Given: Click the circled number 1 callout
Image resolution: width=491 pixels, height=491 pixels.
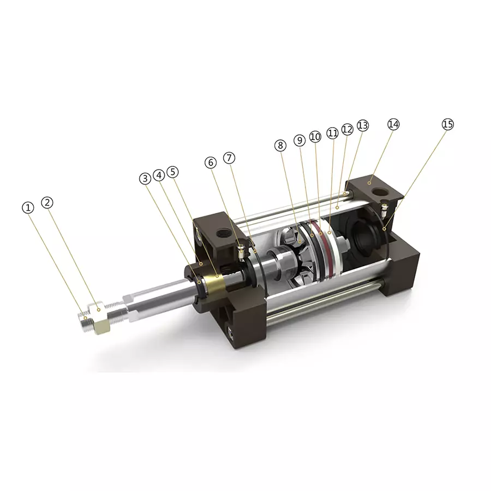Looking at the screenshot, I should coord(28,207).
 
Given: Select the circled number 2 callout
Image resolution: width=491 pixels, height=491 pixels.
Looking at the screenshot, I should coord(47,202).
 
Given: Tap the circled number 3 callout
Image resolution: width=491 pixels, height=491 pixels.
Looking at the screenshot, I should coord(145,178).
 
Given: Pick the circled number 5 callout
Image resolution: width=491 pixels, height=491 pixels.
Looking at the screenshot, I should coord(173,172).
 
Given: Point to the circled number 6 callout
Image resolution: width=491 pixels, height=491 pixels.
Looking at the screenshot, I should coord(211,163).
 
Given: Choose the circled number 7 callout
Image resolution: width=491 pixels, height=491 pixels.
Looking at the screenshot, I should coord(230,158).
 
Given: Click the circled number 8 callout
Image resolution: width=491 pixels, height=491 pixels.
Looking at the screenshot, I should coord(280,145).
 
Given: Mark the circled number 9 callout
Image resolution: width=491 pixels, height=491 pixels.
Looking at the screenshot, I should coord(299,140).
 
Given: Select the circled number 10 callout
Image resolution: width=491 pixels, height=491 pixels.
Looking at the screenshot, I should coord(315,136).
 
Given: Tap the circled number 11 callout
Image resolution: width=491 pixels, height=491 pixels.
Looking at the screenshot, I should coord(332,133).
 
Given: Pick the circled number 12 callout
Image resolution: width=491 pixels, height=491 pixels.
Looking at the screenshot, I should coord(347,129).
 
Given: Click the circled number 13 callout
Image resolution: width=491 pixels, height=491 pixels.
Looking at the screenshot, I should coord(363,125).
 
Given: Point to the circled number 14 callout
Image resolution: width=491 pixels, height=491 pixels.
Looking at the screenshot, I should coord(393,124).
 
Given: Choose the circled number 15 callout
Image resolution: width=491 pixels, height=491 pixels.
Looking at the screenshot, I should coord(447,124).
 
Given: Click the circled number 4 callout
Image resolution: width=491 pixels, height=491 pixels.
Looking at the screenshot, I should coord(159,175).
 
